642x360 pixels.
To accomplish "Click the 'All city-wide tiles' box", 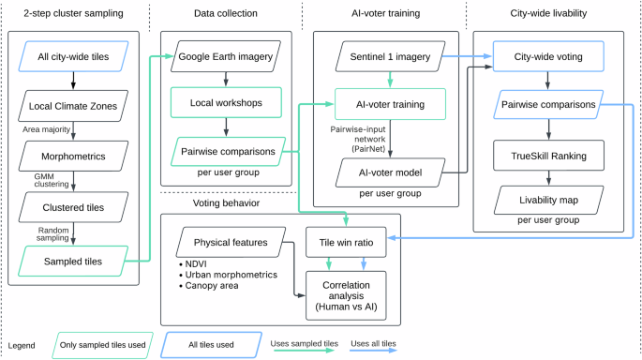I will point(73,58).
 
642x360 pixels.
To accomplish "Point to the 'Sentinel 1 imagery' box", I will point(386,57).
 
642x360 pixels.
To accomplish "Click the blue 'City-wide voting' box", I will point(548,57).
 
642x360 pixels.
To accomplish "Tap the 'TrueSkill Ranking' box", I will point(548,156).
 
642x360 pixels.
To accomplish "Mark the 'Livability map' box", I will point(548,201).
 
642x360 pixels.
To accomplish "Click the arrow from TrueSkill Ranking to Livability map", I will point(548,178).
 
